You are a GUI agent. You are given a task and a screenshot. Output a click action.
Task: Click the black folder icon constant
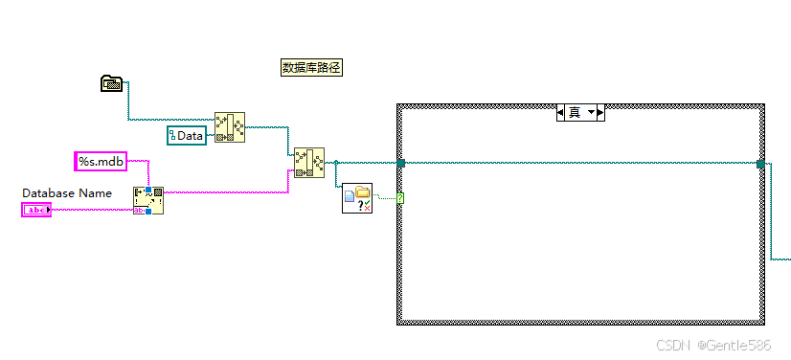tap(112, 83)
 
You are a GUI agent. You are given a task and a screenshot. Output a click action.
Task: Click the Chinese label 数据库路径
tap(311, 67)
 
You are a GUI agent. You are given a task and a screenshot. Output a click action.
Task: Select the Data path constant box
tap(187, 136)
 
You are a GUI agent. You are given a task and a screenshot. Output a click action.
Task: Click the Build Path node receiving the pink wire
tap(308, 163)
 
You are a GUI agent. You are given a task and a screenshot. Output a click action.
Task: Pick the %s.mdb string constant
tap(101, 162)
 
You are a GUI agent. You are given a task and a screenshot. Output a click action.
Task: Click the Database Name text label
tap(67, 193)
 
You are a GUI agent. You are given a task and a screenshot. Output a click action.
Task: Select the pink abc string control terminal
tap(36, 210)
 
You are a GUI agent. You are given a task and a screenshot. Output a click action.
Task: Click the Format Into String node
tap(148, 200)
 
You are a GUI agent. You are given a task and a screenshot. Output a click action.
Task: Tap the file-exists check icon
tap(356, 198)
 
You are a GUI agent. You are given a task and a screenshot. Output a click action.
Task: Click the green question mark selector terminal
tap(399, 198)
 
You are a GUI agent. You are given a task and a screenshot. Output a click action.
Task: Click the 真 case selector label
tap(575, 113)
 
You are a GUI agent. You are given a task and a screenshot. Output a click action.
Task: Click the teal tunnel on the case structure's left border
tap(400, 164)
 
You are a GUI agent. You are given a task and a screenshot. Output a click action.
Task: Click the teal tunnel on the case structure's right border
tap(761, 164)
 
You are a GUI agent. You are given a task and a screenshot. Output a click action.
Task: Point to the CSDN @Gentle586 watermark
tap(712, 344)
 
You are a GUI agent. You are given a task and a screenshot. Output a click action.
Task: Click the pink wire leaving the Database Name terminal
tap(91, 210)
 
